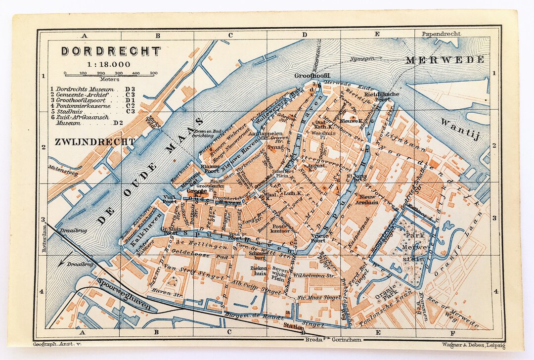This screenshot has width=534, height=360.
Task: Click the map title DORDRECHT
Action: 111,51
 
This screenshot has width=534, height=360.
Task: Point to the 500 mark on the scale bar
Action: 153,73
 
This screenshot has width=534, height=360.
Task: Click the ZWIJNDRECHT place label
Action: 95,142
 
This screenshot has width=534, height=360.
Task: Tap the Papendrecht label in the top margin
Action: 441,34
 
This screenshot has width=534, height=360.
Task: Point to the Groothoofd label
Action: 312,76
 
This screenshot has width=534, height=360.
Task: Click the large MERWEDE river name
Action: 445,60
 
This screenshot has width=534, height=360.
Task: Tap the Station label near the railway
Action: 294,326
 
